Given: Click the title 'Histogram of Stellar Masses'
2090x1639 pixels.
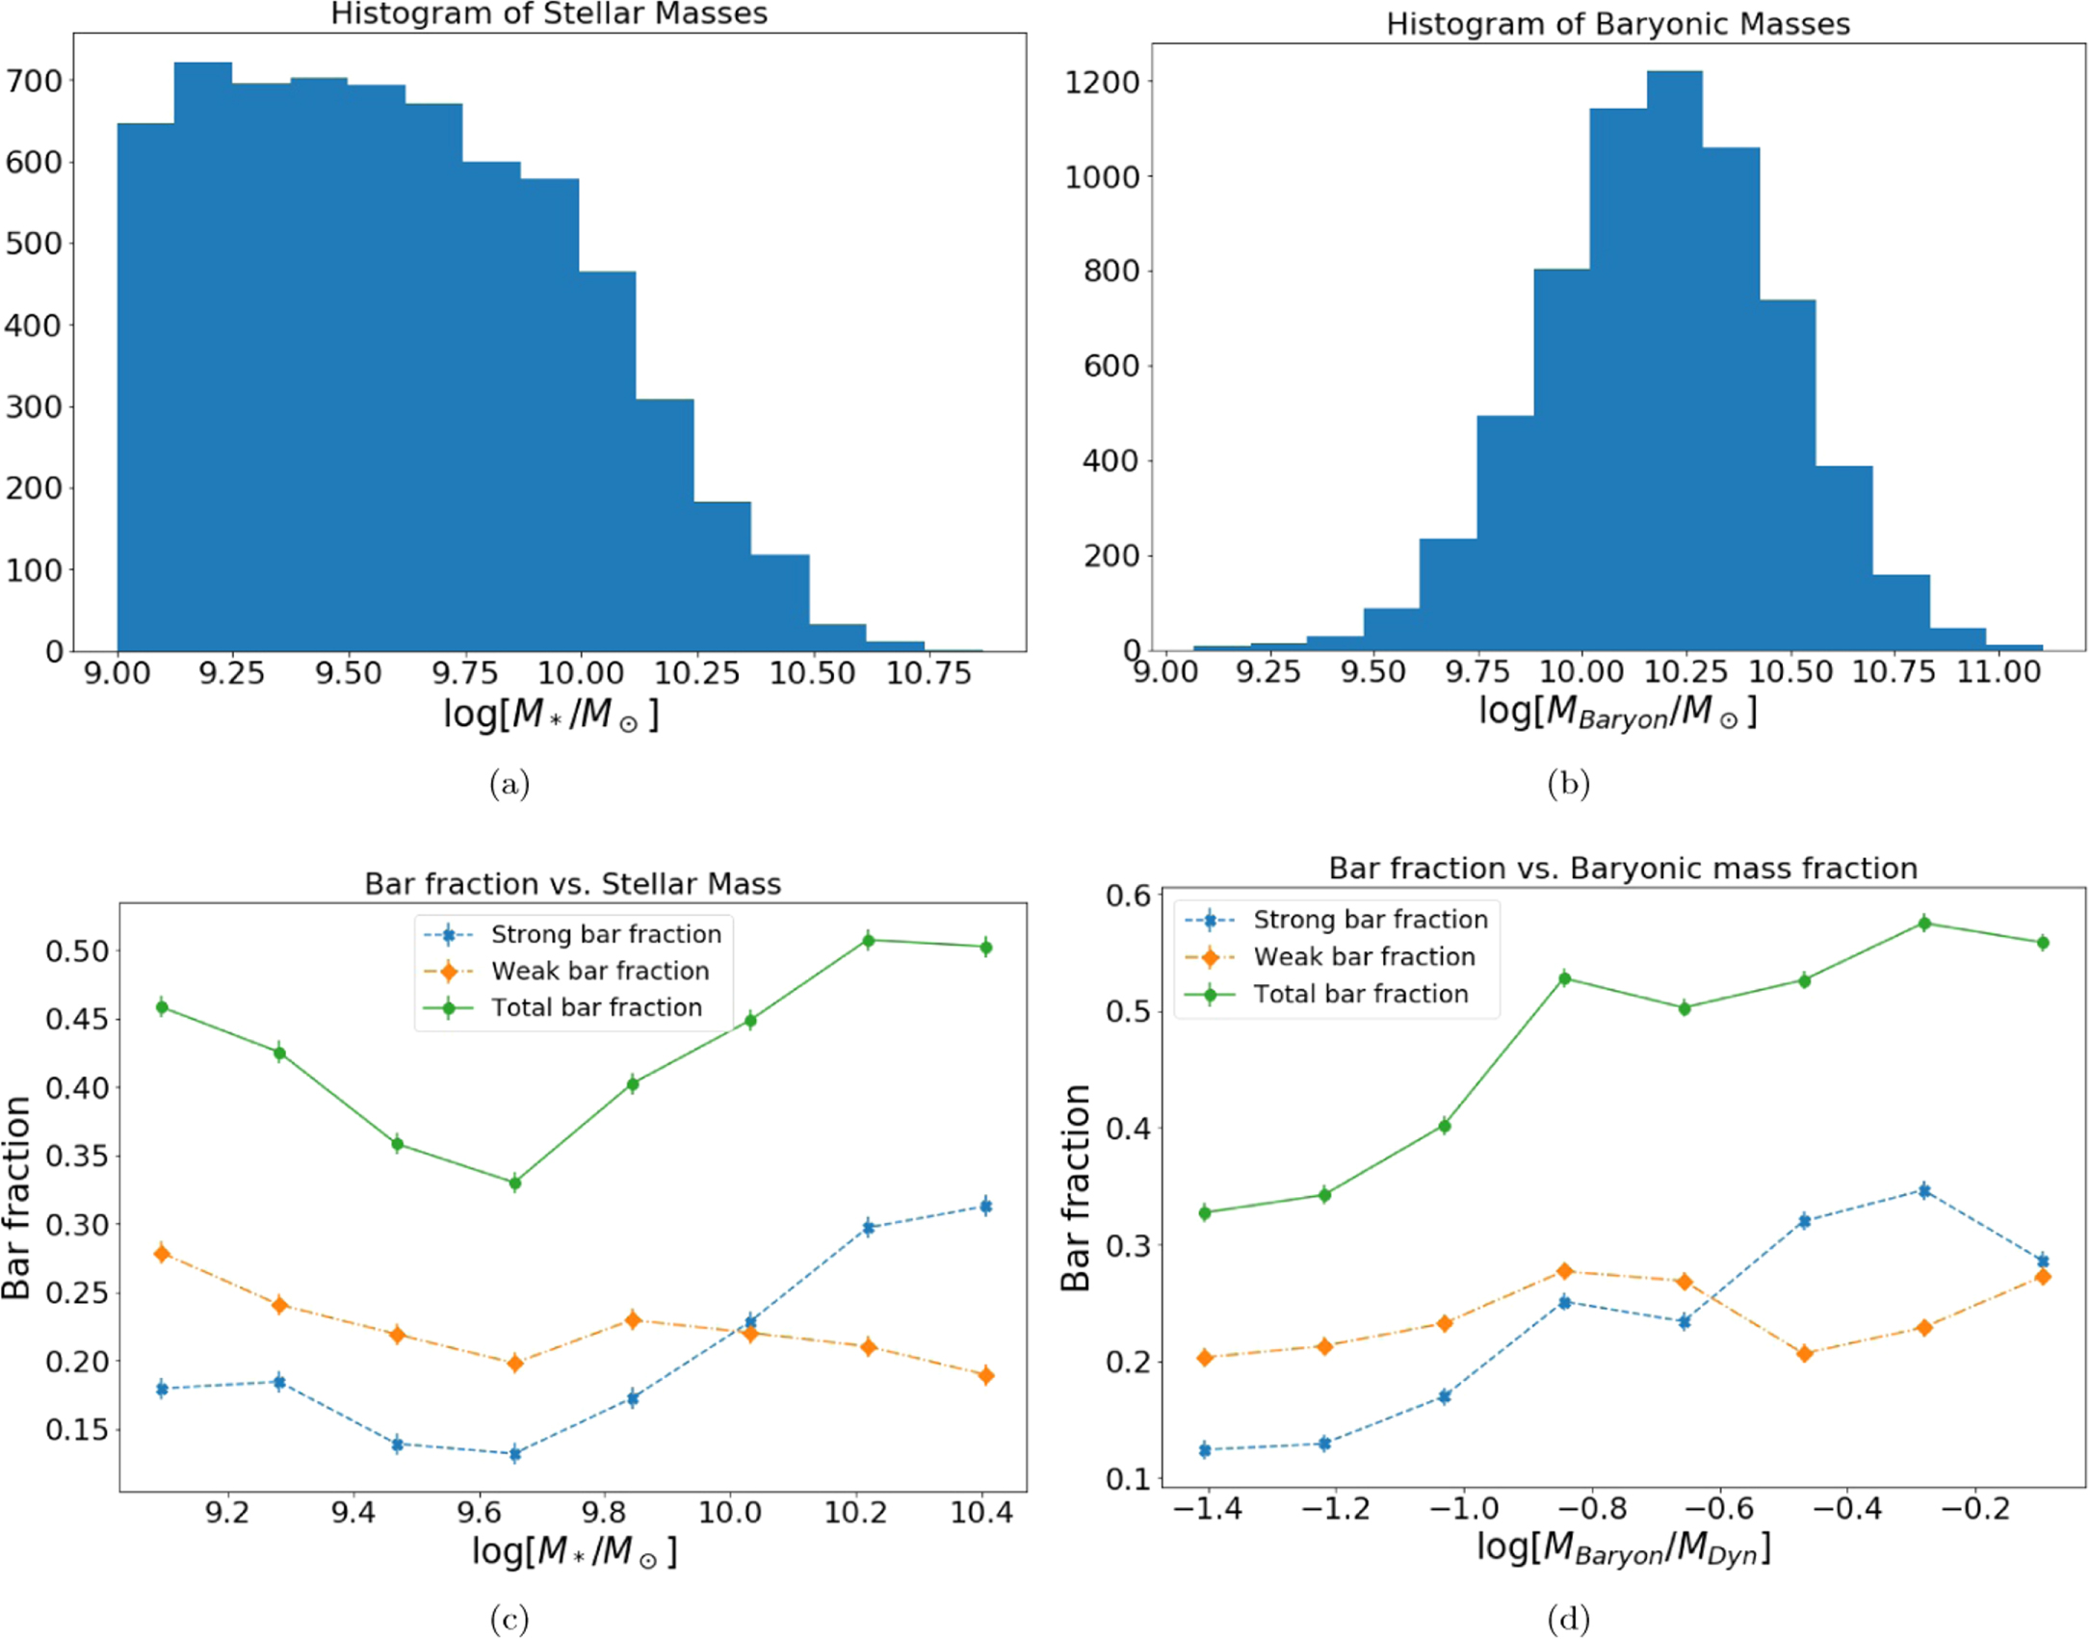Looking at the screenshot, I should click(x=549, y=14).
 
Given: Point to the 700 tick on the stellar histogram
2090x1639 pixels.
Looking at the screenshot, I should click(x=35, y=81).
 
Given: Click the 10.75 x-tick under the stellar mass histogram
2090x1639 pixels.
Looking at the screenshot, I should click(x=927, y=673).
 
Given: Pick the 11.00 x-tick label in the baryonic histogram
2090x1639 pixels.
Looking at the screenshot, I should click(x=1999, y=671).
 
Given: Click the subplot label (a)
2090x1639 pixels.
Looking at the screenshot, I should click(x=509, y=785).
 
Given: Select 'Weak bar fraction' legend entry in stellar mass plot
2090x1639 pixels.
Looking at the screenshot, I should click(x=600, y=971).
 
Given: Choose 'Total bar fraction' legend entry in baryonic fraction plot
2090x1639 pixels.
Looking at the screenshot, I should click(x=1360, y=994).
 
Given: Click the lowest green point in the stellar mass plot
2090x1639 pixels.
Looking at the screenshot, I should click(x=515, y=1183).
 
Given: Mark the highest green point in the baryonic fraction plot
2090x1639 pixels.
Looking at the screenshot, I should click(x=1924, y=924).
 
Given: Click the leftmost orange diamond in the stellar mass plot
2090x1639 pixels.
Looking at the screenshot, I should click(x=162, y=1253).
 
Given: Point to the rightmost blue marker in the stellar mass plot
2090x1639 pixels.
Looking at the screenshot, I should click(x=985, y=1206).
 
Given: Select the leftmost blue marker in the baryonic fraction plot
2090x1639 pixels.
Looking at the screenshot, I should click(x=1205, y=1449).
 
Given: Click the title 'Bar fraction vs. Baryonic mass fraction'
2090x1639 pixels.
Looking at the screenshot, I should click(x=1623, y=869).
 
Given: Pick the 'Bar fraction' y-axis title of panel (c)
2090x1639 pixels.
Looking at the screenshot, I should click(x=17, y=1198).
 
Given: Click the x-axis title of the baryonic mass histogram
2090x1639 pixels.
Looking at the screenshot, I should click(x=1617, y=713).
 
